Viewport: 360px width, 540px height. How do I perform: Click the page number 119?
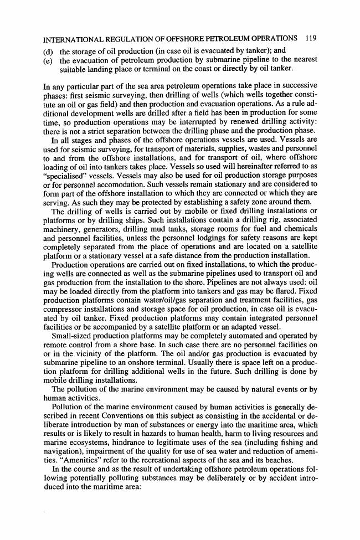coord(310,39)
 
